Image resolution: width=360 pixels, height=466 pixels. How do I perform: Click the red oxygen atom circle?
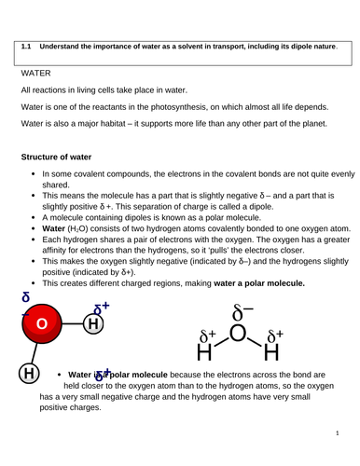tap(41, 323)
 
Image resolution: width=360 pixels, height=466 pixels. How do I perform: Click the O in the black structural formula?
tap(239, 333)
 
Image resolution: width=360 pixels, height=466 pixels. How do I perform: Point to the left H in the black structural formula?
tap(204, 354)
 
